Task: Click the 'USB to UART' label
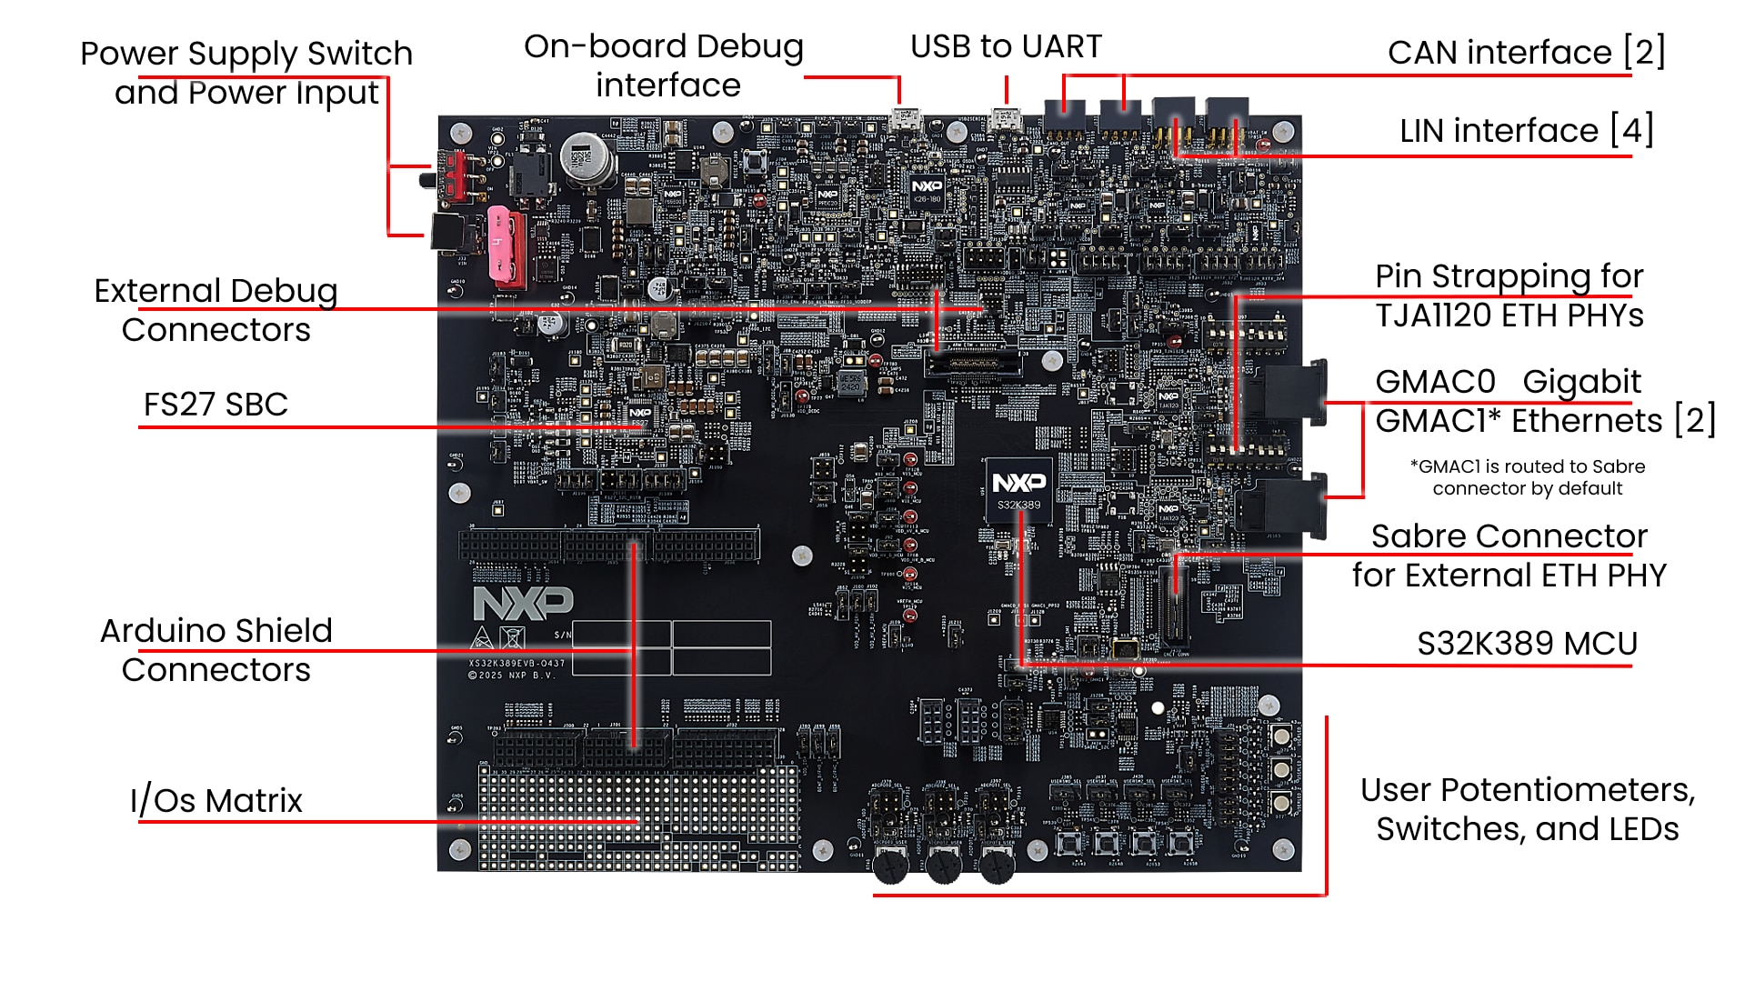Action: tap(1006, 46)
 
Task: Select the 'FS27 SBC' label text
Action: tap(216, 405)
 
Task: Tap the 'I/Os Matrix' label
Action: tap(216, 801)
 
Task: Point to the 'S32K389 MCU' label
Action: tap(1527, 644)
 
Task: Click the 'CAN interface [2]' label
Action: tap(1526, 53)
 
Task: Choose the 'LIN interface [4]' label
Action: tap(1526, 131)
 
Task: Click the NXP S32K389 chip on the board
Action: tap(1018, 490)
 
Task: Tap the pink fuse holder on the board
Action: tap(506, 245)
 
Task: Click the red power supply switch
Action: tap(452, 176)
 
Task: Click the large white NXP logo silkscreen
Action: tap(523, 603)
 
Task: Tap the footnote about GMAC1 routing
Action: tap(1527, 477)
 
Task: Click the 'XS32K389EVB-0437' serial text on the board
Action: tap(516, 664)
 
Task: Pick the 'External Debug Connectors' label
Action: tap(216, 310)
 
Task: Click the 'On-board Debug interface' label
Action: tap(664, 65)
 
